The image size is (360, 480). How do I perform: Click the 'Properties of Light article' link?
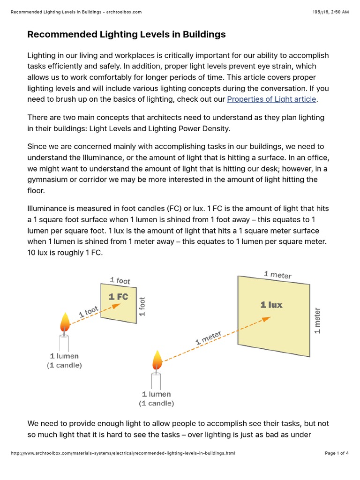pyautogui.click(x=272, y=99)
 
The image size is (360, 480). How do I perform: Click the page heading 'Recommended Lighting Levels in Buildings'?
pyautogui.click(x=127, y=34)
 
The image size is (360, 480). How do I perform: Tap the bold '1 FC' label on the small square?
pyautogui.click(x=118, y=297)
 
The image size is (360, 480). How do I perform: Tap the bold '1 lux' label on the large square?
pyautogui.click(x=271, y=305)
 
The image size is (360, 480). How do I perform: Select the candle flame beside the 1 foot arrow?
pyautogui.click(x=65, y=322)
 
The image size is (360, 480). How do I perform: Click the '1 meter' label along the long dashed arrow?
pyautogui.click(x=209, y=338)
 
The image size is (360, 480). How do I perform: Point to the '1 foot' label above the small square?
pyautogui.click(x=120, y=280)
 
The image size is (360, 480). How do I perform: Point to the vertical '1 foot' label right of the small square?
pyautogui.click(x=142, y=307)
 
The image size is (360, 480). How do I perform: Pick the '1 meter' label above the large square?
pyautogui.click(x=277, y=275)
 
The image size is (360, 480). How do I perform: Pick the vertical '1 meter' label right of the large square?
pyautogui.click(x=317, y=321)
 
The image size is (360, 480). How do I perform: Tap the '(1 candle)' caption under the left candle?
pyautogui.click(x=64, y=365)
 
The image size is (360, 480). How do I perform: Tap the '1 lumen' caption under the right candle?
pyautogui.click(x=157, y=394)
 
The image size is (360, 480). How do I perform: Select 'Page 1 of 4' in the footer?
pyautogui.click(x=337, y=453)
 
